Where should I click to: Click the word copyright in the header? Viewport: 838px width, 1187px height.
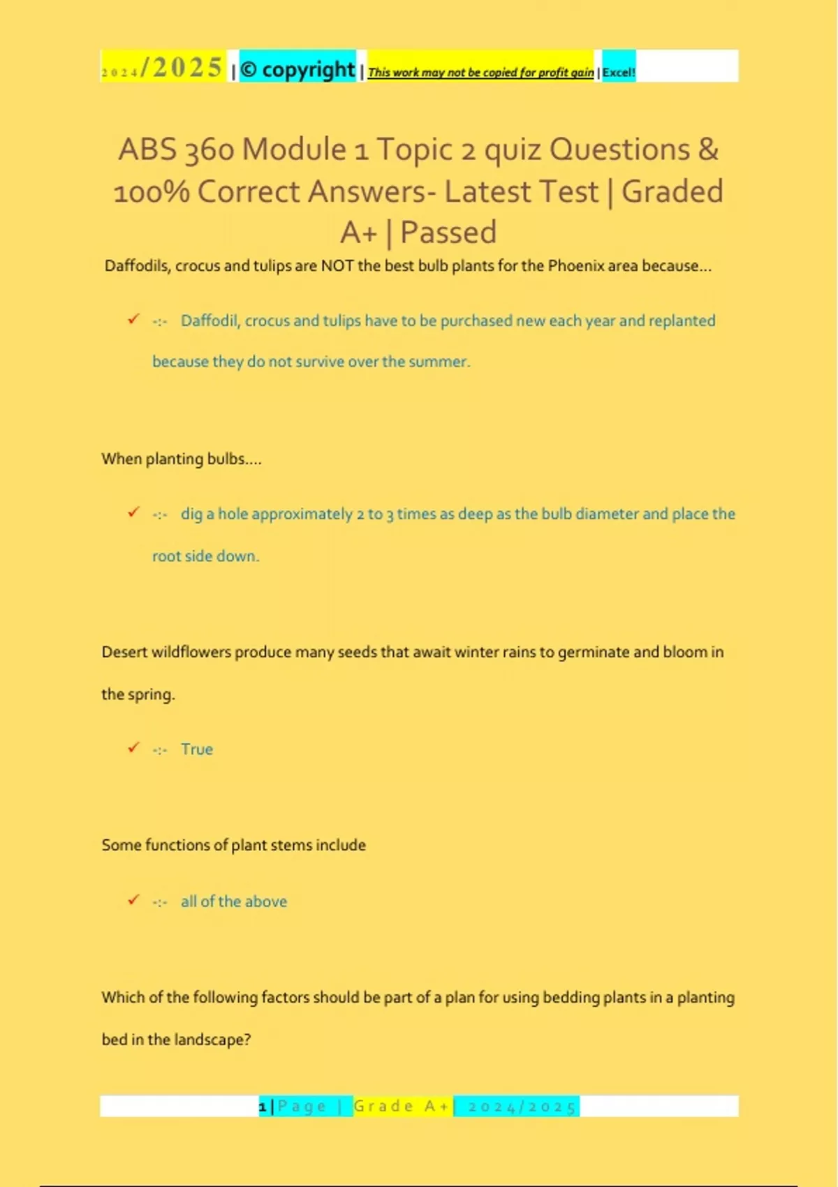point(308,70)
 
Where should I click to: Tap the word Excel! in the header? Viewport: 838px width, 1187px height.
point(619,72)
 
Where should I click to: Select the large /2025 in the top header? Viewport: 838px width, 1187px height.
point(182,68)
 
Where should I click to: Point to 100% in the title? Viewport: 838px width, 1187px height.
point(151,191)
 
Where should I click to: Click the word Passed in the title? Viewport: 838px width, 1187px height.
point(448,233)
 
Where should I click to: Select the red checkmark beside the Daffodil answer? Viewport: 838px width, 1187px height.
point(133,319)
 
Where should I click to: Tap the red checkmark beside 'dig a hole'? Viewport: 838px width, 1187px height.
point(133,513)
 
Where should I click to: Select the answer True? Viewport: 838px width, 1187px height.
point(197,749)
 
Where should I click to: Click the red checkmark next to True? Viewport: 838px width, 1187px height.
point(133,748)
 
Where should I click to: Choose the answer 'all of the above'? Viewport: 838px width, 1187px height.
point(234,901)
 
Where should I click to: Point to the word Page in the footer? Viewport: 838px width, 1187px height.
point(302,1107)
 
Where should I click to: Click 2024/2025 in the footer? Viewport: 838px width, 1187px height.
point(522,1107)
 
